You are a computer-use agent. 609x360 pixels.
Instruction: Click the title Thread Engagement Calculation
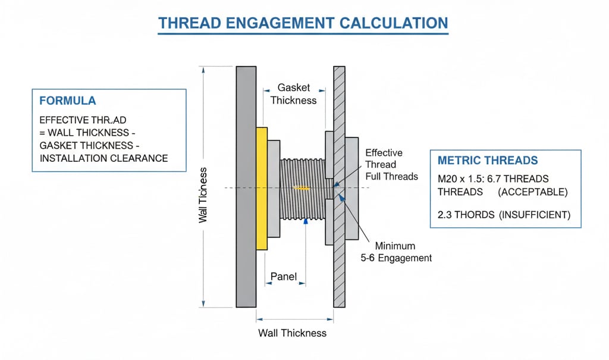[303, 23]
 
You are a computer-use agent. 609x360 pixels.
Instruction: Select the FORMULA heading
[67, 101]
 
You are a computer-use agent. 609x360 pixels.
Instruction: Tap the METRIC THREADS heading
[487, 161]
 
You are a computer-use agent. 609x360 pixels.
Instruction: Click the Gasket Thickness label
[293, 94]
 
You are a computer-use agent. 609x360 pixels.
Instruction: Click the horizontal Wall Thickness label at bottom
[292, 333]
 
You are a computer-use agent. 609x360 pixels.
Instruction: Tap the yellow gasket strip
[261, 188]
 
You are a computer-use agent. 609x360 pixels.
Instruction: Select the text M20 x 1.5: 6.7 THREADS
[492, 179]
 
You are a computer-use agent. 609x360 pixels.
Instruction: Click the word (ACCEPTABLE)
[533, 192]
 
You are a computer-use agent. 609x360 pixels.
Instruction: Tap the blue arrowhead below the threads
[306, 220]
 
